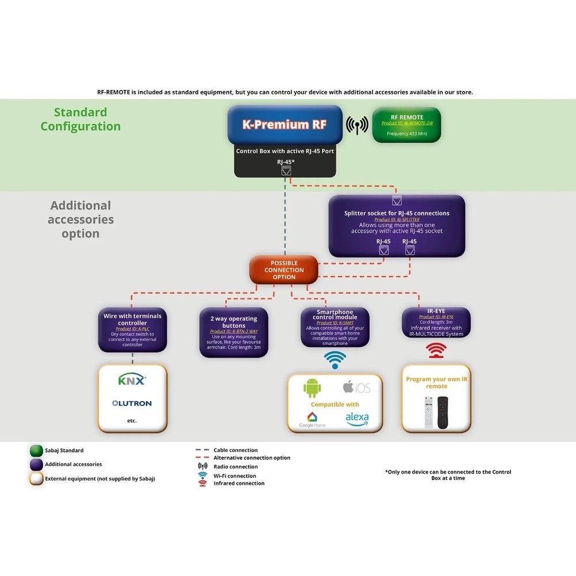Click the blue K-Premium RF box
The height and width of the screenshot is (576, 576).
coord(285,124)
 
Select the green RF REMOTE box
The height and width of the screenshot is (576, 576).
coord(407,124)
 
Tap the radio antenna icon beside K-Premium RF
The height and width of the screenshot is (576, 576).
coord(357,125)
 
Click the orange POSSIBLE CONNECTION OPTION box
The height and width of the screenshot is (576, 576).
coord(283,270)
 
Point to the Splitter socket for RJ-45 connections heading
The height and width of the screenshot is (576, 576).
coord(397,213)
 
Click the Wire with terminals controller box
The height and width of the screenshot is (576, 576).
coord(132,329)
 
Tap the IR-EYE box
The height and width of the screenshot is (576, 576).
coord(436,323)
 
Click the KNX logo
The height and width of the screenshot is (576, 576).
coord(132,380)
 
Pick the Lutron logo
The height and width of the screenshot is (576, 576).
coord(132,403)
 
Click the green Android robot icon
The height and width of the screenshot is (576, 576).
coord(312,388)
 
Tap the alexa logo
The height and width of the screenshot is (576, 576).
coord(357,418)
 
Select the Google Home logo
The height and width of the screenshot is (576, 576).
coord(312,419)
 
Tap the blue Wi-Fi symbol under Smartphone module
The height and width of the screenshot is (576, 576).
coord(335,359)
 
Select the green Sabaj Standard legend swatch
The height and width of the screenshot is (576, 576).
coord(36,450)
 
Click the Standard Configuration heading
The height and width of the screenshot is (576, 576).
coord(81,119)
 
